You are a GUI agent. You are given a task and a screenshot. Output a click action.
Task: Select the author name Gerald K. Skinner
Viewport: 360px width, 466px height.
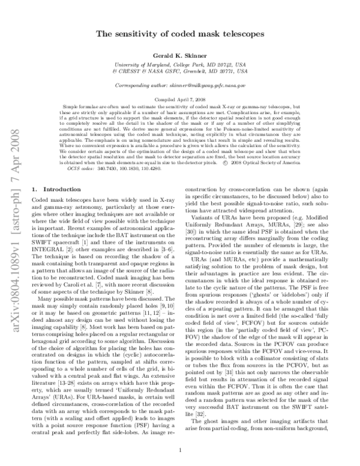[179, 54]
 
